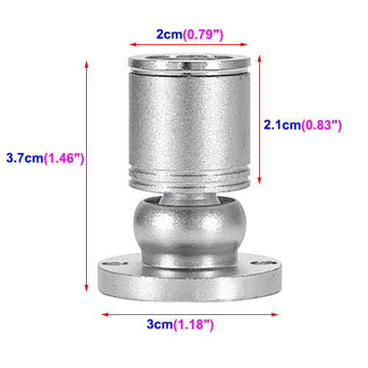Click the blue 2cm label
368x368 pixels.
(x=169, y=35)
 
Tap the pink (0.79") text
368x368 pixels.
(x=203, y=35)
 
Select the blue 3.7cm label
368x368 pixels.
(x=25, y=158)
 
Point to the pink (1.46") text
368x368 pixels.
(x=64, y=158)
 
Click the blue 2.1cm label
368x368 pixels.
(x=282, y=125)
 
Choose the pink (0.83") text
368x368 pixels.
(x=322, y=126)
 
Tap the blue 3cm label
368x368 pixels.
(x=160, y=325)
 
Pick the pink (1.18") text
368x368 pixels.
(x=194, y=325)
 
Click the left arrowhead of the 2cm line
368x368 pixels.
(x=132, y=44)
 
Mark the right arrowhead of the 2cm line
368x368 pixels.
(x=244, y=44)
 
